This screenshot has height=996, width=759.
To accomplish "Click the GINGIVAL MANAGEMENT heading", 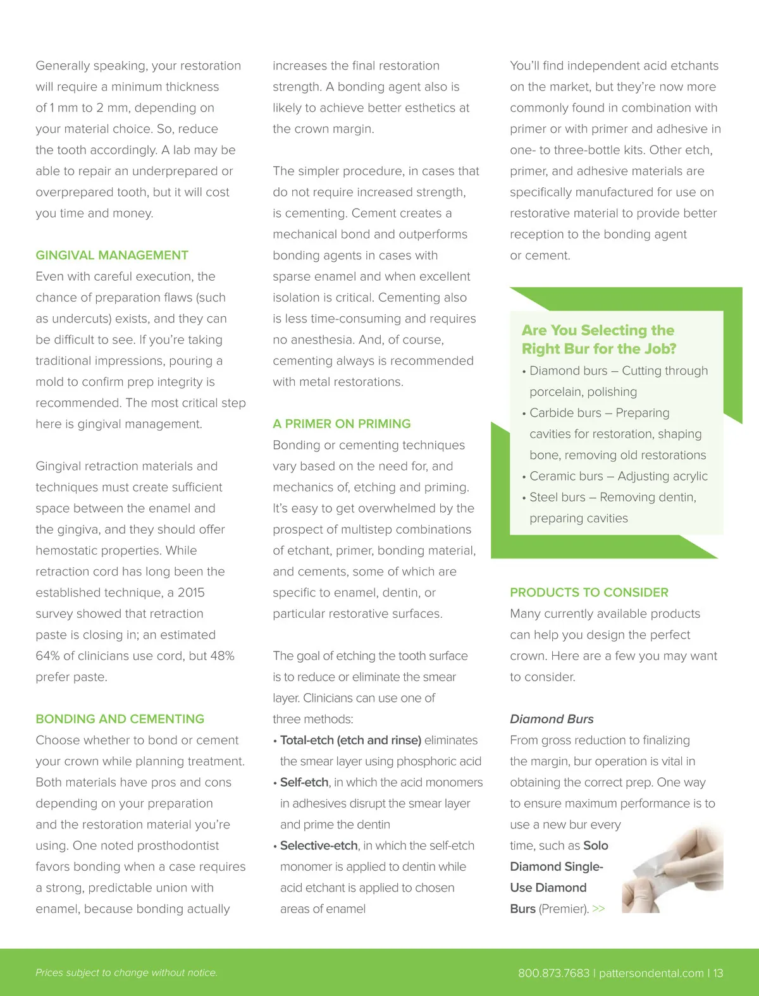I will coord(112,255).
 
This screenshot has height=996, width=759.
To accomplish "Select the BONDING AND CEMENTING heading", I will coord(120,719).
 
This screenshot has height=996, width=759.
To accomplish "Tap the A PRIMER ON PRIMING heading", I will coord(342,424).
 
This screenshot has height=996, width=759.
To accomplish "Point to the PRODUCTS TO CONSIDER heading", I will coord(589,593).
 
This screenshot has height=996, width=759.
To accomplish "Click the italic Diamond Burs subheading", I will coord(552,719).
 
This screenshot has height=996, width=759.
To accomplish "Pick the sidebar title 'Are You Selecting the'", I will coord(598,330).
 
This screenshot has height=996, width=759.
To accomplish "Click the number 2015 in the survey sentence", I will coord(191,593).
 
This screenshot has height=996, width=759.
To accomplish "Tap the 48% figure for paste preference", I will coord(222,656).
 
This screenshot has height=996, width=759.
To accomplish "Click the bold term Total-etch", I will coord(307,740).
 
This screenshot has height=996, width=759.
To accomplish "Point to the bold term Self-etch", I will coord(304,782).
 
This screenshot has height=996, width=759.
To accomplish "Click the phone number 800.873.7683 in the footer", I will coord(553,973).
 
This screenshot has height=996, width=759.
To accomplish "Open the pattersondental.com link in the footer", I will coord(651,973).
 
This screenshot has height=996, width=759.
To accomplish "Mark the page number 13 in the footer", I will coord(718,973).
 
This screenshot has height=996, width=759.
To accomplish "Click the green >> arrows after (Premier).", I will coord(598,909).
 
